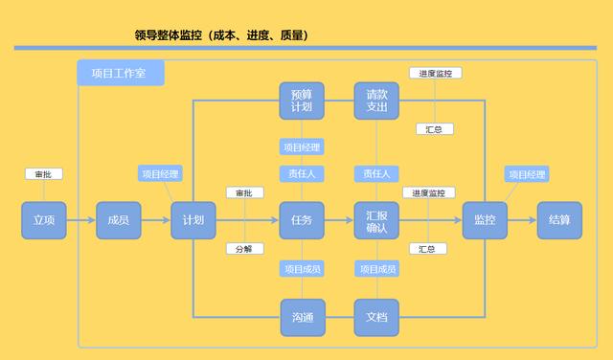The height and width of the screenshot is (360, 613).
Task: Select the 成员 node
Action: point(119,220)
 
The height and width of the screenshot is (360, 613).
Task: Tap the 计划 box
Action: point(193,220)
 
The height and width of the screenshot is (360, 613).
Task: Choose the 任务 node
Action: point(302,220)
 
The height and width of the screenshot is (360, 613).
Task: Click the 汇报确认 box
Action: point(376,220)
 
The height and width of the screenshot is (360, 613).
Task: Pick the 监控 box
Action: point(485,220)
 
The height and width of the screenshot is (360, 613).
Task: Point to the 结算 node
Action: point(559,220)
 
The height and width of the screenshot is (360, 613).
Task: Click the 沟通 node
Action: point(302,318)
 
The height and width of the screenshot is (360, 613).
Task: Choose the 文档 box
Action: point(376,318)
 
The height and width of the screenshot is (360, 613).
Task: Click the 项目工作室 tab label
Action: point(121,73)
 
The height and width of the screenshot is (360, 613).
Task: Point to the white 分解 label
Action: point(244,249)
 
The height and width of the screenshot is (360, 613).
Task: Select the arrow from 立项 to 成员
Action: point(81,220)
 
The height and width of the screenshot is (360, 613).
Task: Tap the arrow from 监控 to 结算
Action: point(522,220)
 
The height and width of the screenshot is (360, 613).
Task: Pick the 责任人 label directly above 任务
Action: point(302,173)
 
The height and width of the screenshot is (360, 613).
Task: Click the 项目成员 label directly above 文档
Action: point(376,269)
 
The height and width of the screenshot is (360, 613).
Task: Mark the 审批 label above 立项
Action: point(44,174)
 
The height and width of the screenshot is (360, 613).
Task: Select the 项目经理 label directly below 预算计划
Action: point(302,146)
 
